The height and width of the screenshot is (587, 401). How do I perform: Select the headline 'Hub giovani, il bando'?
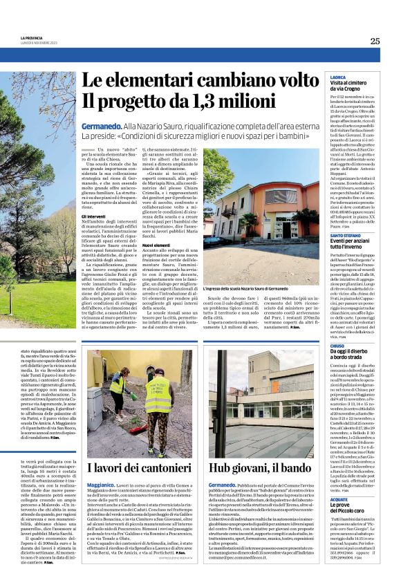(261, 467)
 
